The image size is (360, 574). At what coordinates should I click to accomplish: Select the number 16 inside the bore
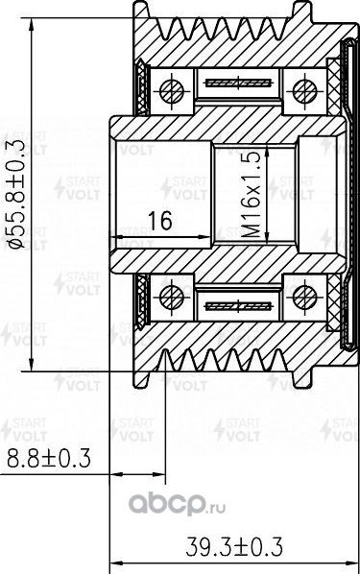(x=159, y=223)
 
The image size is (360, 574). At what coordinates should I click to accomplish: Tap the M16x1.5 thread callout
(x=252, y=192)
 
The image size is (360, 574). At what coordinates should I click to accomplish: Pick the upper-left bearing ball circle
(x=174, y=91)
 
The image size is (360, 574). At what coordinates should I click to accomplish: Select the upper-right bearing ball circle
(x=304, y=91)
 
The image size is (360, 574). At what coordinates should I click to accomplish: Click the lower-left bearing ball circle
(x=174, y=293)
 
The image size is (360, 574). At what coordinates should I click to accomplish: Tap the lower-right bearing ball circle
(x=304, y=293)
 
